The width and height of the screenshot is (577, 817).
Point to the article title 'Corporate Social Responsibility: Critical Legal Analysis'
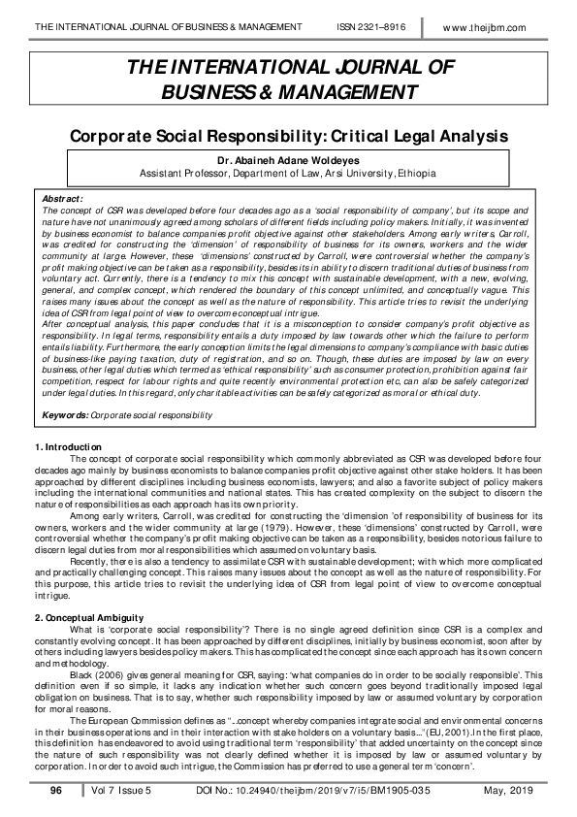(x=288, y=135)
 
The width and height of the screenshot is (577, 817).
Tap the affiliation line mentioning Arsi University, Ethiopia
(x=288, y=173)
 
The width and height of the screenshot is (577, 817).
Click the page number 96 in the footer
(x=56, y=791)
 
